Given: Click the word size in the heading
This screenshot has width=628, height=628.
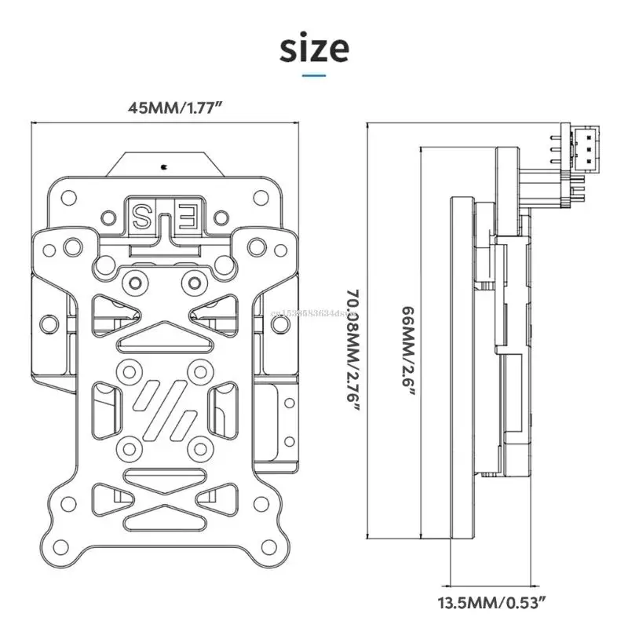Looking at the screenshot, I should click(314, 49).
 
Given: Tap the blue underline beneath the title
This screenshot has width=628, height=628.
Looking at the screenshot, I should click(314, 76).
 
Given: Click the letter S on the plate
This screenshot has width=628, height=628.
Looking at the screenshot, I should click(146, 214).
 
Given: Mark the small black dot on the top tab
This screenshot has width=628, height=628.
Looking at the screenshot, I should click(164, 166).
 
